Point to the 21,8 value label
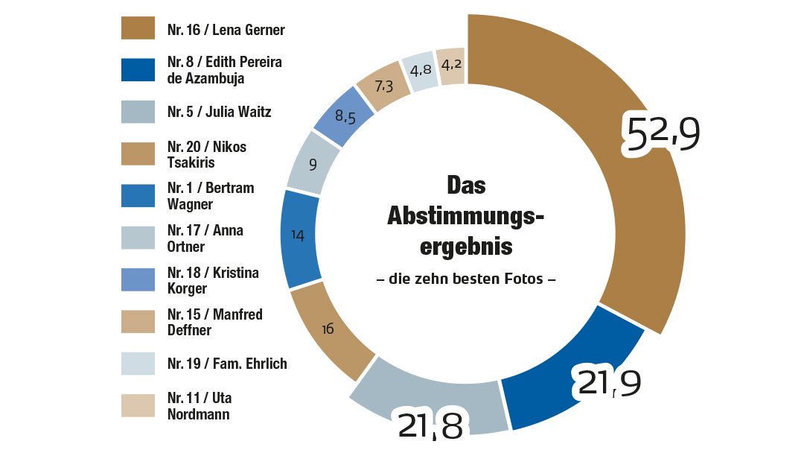click(431, 425)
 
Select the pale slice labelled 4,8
click(419, 71)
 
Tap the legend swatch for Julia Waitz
click(138, 112)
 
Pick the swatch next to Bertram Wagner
click(138, 196)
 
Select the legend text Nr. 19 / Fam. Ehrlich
click(227, 364)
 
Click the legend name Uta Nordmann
click(199, 406)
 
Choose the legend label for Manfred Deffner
click(215, 322)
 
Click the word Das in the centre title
click(466, 186)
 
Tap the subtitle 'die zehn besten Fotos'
click(466, 281)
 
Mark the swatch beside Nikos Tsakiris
click(138, 153)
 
